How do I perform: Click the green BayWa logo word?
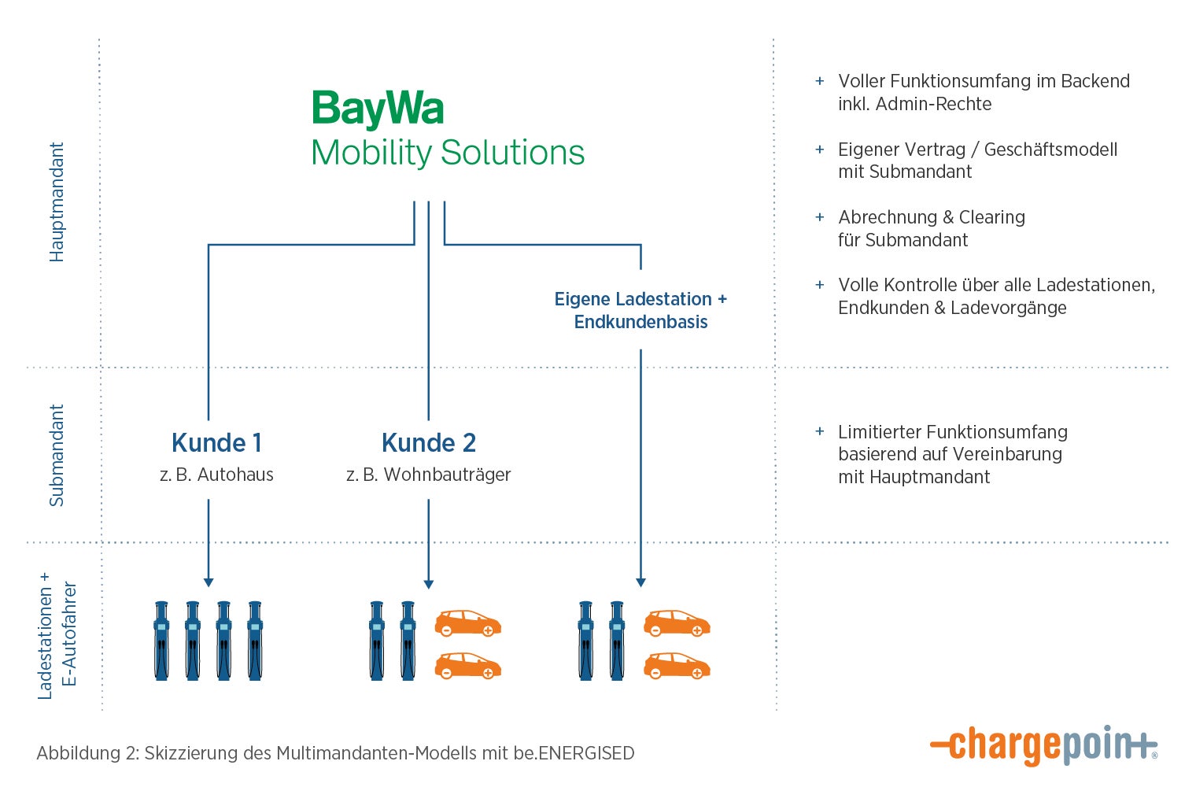click(x=378, y=109)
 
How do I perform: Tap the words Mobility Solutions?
click(x=448, y=153)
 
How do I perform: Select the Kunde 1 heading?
click(x=216, y=443)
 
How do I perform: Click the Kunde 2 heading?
click(x=429, y=443)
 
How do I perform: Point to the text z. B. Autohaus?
click(x=216, y=475)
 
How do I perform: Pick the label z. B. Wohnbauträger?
click(x=429, y=475)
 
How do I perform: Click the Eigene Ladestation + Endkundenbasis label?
click(x=640, y=310)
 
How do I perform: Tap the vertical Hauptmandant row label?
click(x=57, y=202)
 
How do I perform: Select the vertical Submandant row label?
click(x=57, y=455)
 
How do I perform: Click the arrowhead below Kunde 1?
click(x=209, y=582)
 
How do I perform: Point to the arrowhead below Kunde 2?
click(x=429, y=584)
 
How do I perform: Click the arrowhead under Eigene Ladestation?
click(x=640, y=582)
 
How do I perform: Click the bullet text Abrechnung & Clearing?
click(x=932, y=217)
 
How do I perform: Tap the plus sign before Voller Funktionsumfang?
click(x=820, y=81)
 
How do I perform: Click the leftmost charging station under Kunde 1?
click(x=161, y=640)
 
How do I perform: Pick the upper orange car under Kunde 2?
click(x=468, y=623)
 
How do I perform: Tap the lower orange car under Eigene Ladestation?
click(x=677, y=666)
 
